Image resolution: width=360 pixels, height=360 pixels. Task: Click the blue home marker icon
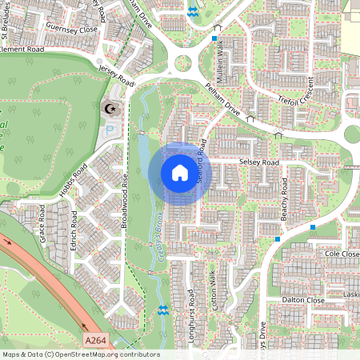(x=180, y=173)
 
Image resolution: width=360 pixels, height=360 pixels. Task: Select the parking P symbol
(x=110, y=127)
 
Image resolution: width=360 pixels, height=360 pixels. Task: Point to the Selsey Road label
(x=258, y=162)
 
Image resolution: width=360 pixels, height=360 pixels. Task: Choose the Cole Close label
(x=342, y=253)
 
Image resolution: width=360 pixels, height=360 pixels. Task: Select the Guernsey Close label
(x=71, y=29)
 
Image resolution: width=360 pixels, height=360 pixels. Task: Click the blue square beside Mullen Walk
(x=214, y=38)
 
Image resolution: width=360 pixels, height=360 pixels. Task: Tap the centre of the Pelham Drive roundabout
(x=184, y=61)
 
